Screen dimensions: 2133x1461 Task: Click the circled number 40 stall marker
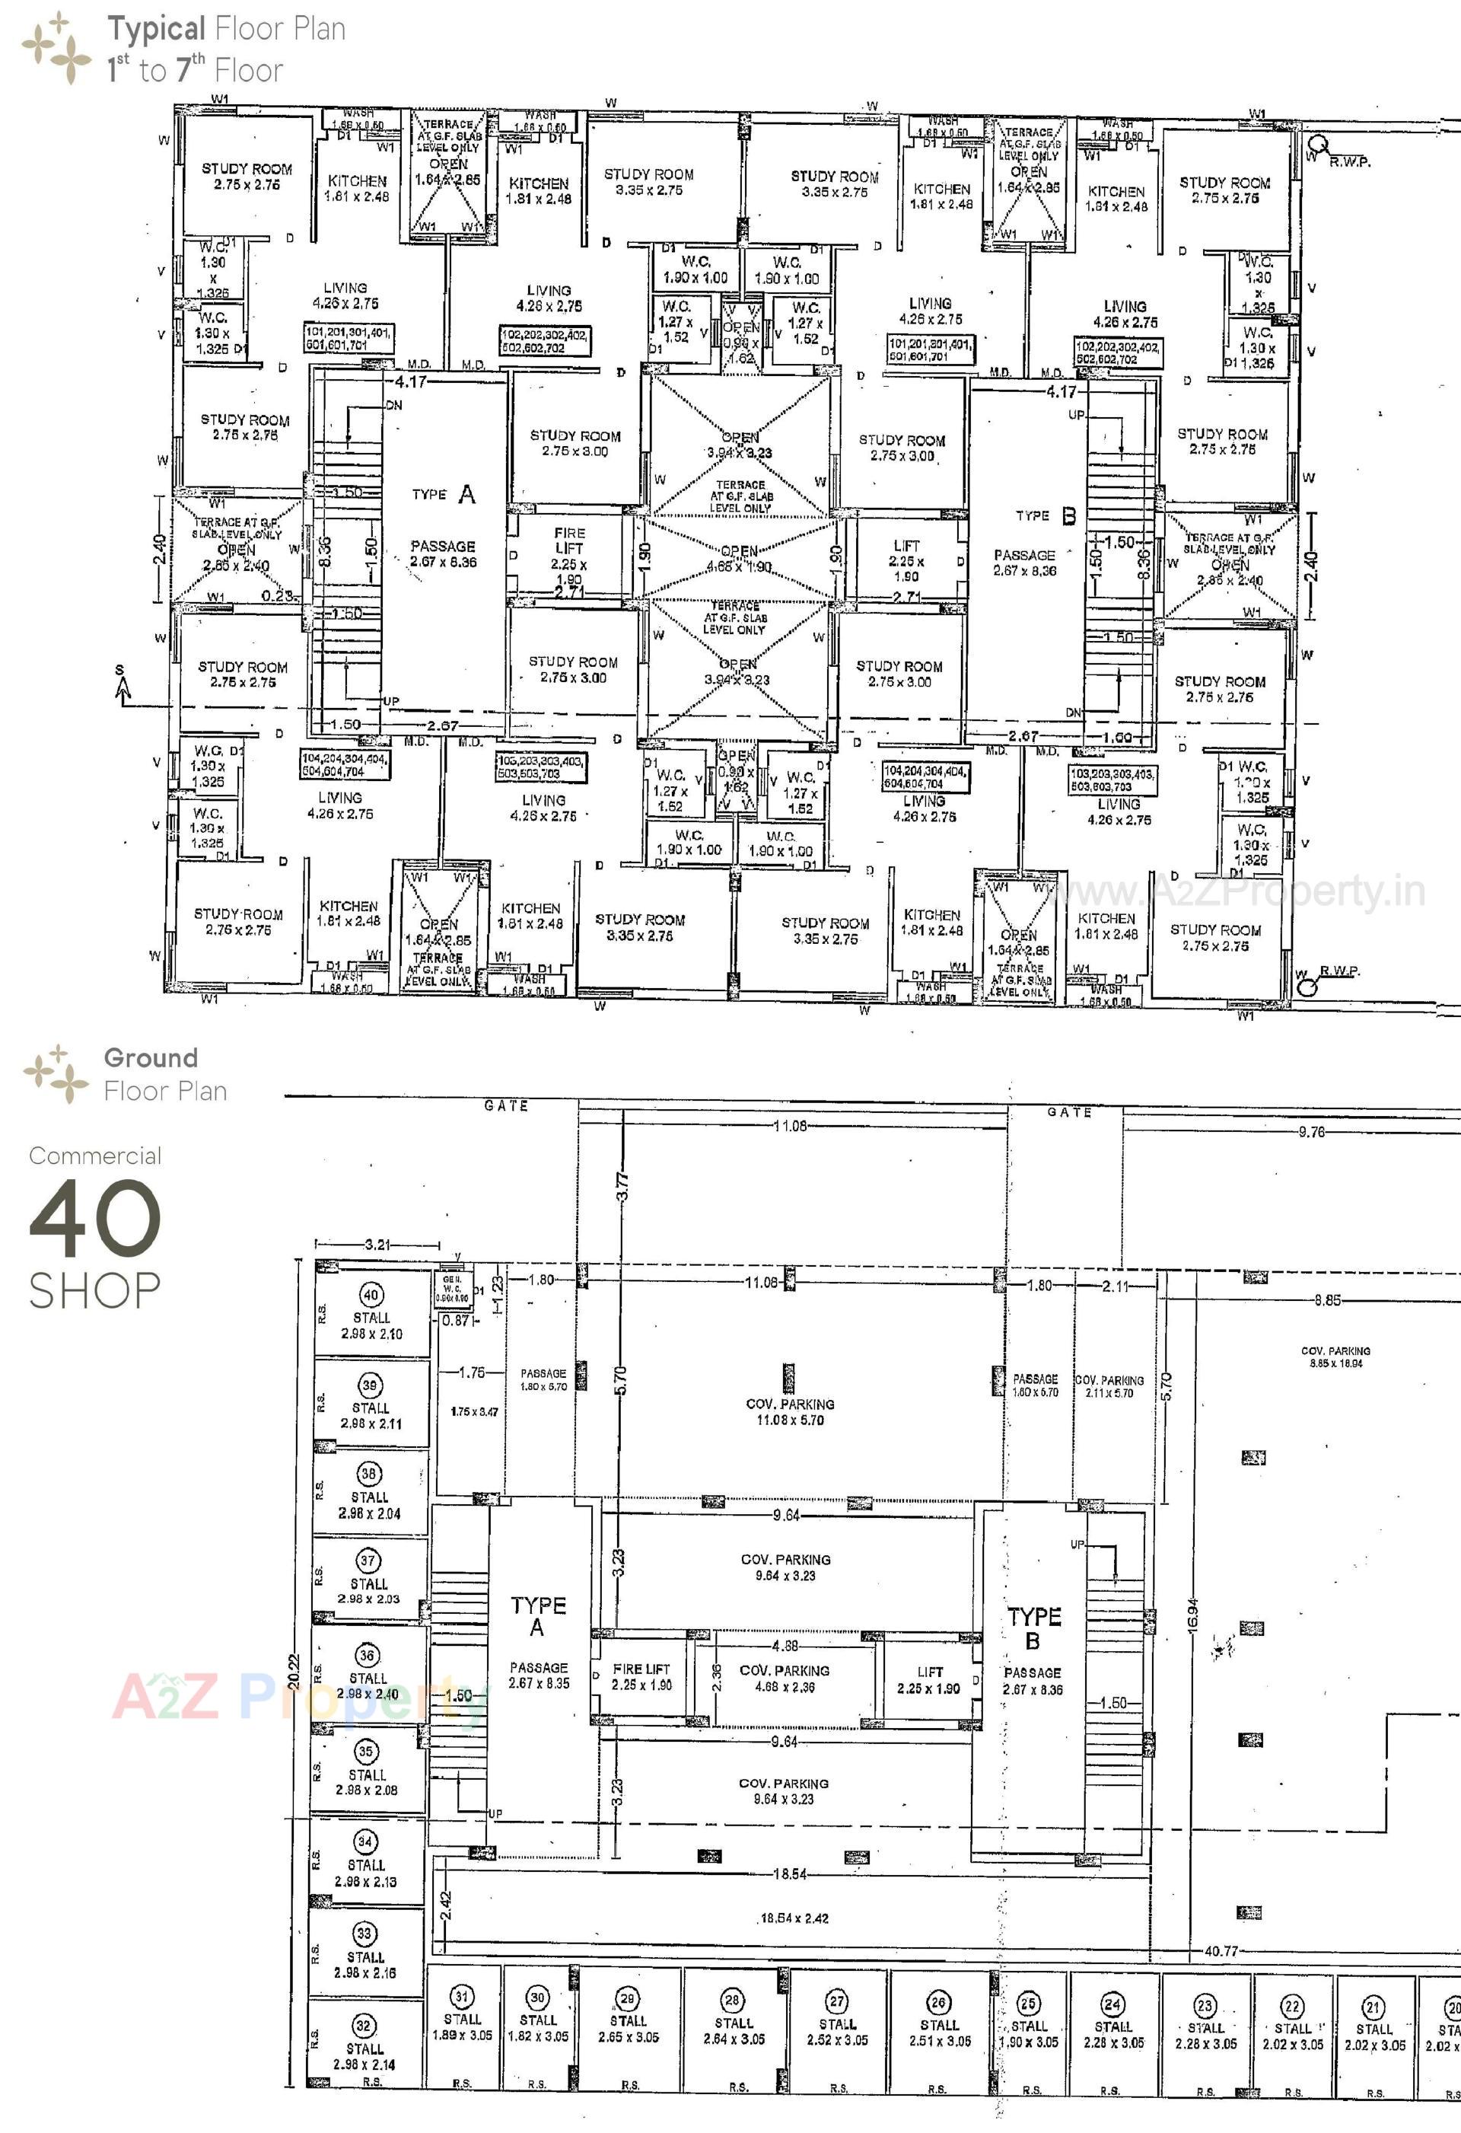(371, 1295)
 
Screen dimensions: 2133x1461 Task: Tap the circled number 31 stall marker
(462, 1996)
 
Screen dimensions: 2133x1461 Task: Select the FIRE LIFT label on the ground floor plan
(641, 1677)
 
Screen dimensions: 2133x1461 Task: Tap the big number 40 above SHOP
(95, 1218)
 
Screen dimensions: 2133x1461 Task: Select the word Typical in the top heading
(156, 30)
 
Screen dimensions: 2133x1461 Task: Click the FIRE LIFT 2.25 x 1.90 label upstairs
(569, 555)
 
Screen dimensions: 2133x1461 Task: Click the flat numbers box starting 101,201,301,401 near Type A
(349, 338)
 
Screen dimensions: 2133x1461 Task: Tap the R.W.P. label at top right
(1349, 161)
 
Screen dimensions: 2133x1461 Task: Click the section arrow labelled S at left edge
(122, 684)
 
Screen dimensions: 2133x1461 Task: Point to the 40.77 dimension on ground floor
(1220, 1950)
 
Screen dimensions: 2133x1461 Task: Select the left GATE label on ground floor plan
(506, 1106)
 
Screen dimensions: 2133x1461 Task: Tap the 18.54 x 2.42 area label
(794, 1918)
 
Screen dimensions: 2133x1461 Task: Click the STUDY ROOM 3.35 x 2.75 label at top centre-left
(649, 182)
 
